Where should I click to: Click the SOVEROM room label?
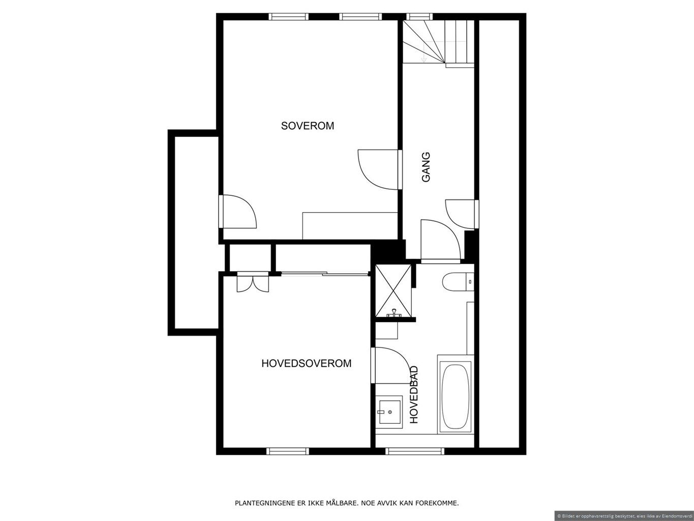click(x=307, y=126)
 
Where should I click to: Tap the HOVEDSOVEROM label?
click(x=307, y=363)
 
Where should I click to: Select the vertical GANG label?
click(x=426, y=167)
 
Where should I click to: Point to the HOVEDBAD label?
click(x=414, y=394)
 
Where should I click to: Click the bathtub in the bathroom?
click(x=455, y=394)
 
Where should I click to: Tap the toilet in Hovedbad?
click(x=458, y=281)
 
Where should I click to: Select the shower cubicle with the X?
click(x=393, y=291)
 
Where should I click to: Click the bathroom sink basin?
click(x=389, y=412)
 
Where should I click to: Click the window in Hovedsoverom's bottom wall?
click(x=287, y=451)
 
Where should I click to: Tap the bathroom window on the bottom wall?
click(x=415, y=451)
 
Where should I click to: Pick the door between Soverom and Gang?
click(x=379, y=169)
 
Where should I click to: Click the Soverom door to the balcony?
click(x=237, y=211)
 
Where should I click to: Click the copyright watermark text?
click(x=625, y=515)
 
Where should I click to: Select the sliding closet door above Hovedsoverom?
click(x=325, y=274)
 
